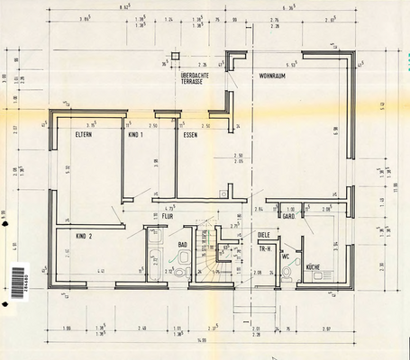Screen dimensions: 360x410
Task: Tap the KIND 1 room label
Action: tap(136, 134)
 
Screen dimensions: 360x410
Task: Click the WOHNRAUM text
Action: tap(274, 76)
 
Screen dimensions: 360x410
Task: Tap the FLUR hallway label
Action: tap(167, 216)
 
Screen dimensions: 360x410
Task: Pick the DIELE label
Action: tap(264, 235)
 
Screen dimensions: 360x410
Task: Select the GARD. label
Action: tap(289, 217)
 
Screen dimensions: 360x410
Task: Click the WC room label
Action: tap(286, 256)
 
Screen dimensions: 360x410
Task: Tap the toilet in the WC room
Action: tap(287, 274)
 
